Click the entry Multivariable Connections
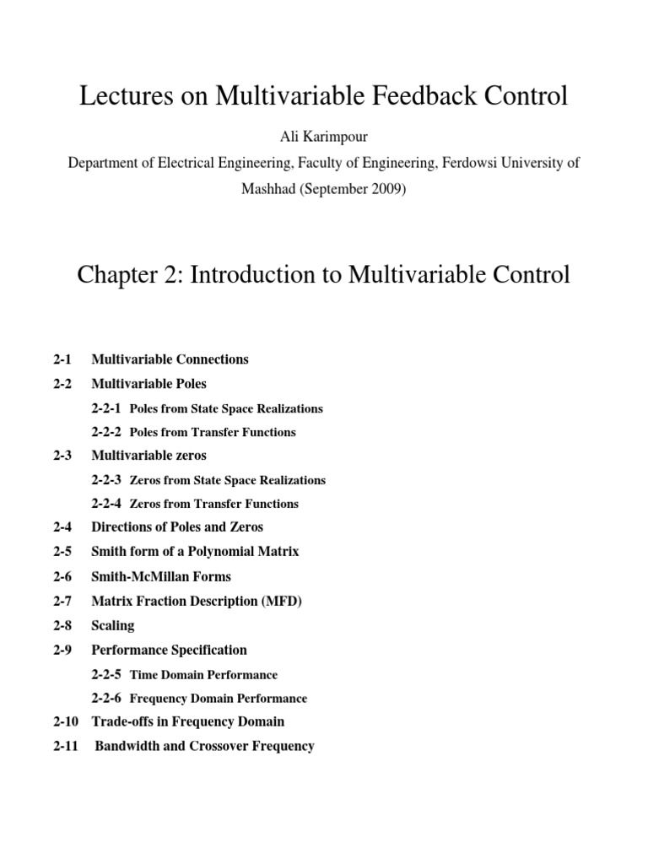tap(170, 359)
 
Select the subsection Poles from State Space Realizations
tap(226, 408)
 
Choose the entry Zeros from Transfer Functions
tap(213, 504)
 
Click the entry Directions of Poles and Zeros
tap(177, 527)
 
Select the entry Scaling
tap(113, 626)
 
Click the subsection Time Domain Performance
tap(203, 675)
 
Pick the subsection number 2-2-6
tap(106, 699)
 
